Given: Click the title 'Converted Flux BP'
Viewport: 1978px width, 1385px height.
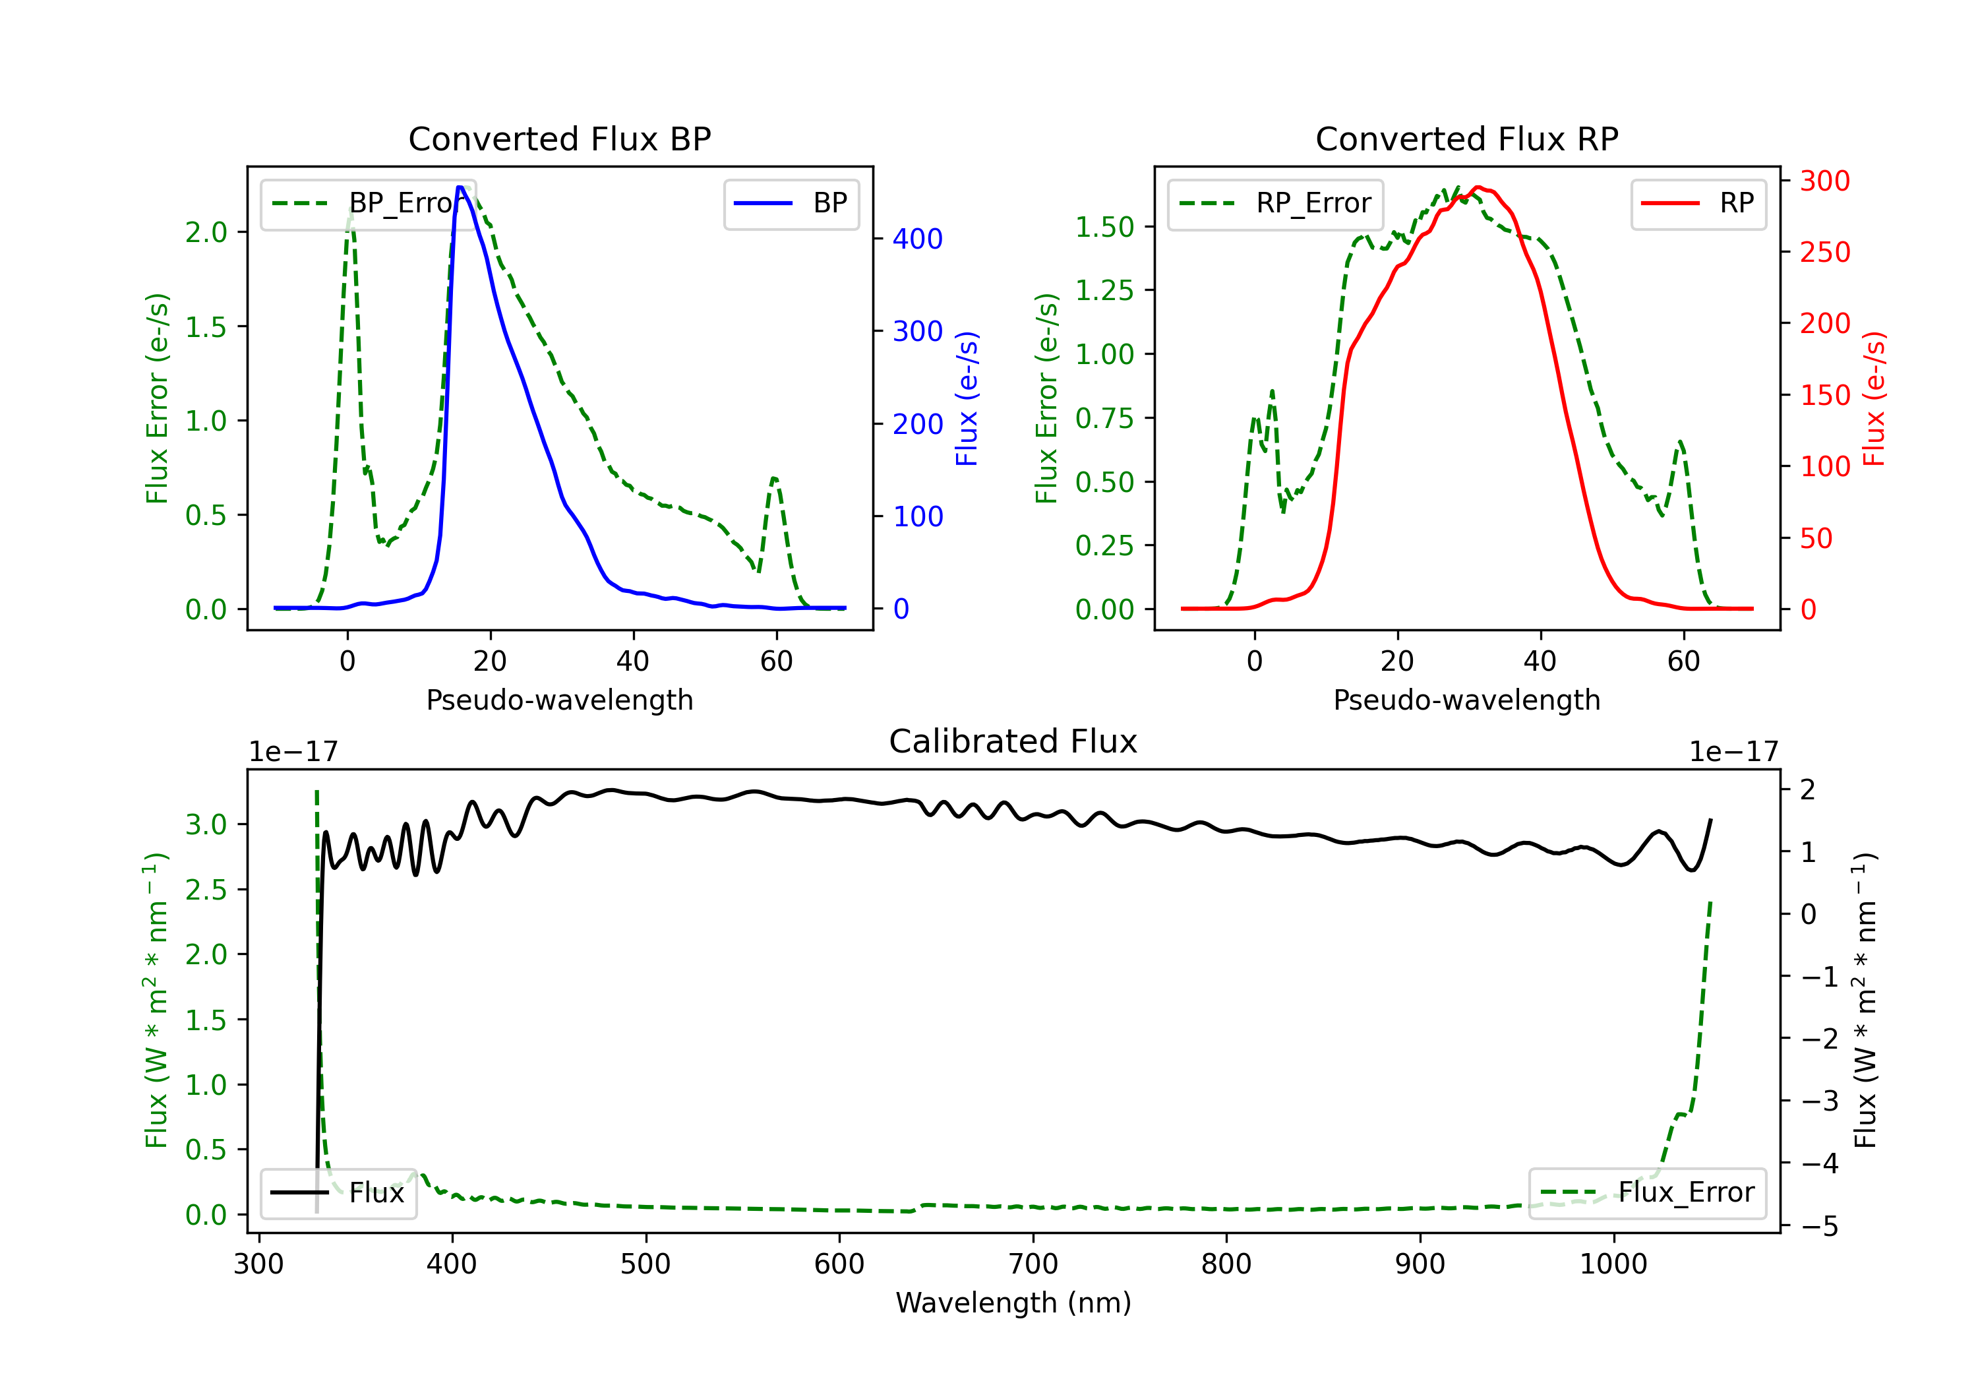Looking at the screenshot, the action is pyautogui.click(x=559, y=138).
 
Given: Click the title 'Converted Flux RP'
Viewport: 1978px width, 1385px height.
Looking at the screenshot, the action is pyautogui.click(x=1466, y=138).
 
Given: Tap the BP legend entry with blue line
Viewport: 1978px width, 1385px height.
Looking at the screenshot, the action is pyautogui.click(x=791, y=203).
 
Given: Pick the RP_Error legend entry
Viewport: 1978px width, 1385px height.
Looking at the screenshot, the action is pyautogui.click(x=1275, y=203).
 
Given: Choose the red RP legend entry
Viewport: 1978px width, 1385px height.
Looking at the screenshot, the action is pyautogui.click(x=1698, y=203).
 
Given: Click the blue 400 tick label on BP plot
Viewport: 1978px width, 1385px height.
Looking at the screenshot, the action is pyautogui.click(x=918, y=239).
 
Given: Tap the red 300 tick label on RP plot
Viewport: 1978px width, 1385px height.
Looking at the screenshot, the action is pyautogui.click(x=1824, y=181).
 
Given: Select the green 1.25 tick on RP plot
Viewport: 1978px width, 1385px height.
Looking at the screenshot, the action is pyautogui.click(x=1104, y=290).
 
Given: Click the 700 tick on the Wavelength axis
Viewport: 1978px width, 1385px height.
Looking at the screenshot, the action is pyautogui.click(x=1032, y=1264).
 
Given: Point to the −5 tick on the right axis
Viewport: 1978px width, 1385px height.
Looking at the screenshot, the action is pyautogui.click(x=1820, y=1225).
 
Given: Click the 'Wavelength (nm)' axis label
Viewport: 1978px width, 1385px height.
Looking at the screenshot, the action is pyautogui.click(x=1013, y=1303).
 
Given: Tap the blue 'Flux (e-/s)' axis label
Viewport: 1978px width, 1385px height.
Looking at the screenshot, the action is pyautogui.click(x=967, y=398).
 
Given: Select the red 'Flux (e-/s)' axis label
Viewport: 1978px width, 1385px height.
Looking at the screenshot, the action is pyautogui.click(x=1874, y=398).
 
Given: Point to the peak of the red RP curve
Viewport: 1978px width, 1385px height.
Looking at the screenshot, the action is pyautogui.click(x=1477, y=187).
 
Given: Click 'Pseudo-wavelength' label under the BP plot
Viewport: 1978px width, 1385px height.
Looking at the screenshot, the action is pyautogui.click(x=559, y=700).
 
